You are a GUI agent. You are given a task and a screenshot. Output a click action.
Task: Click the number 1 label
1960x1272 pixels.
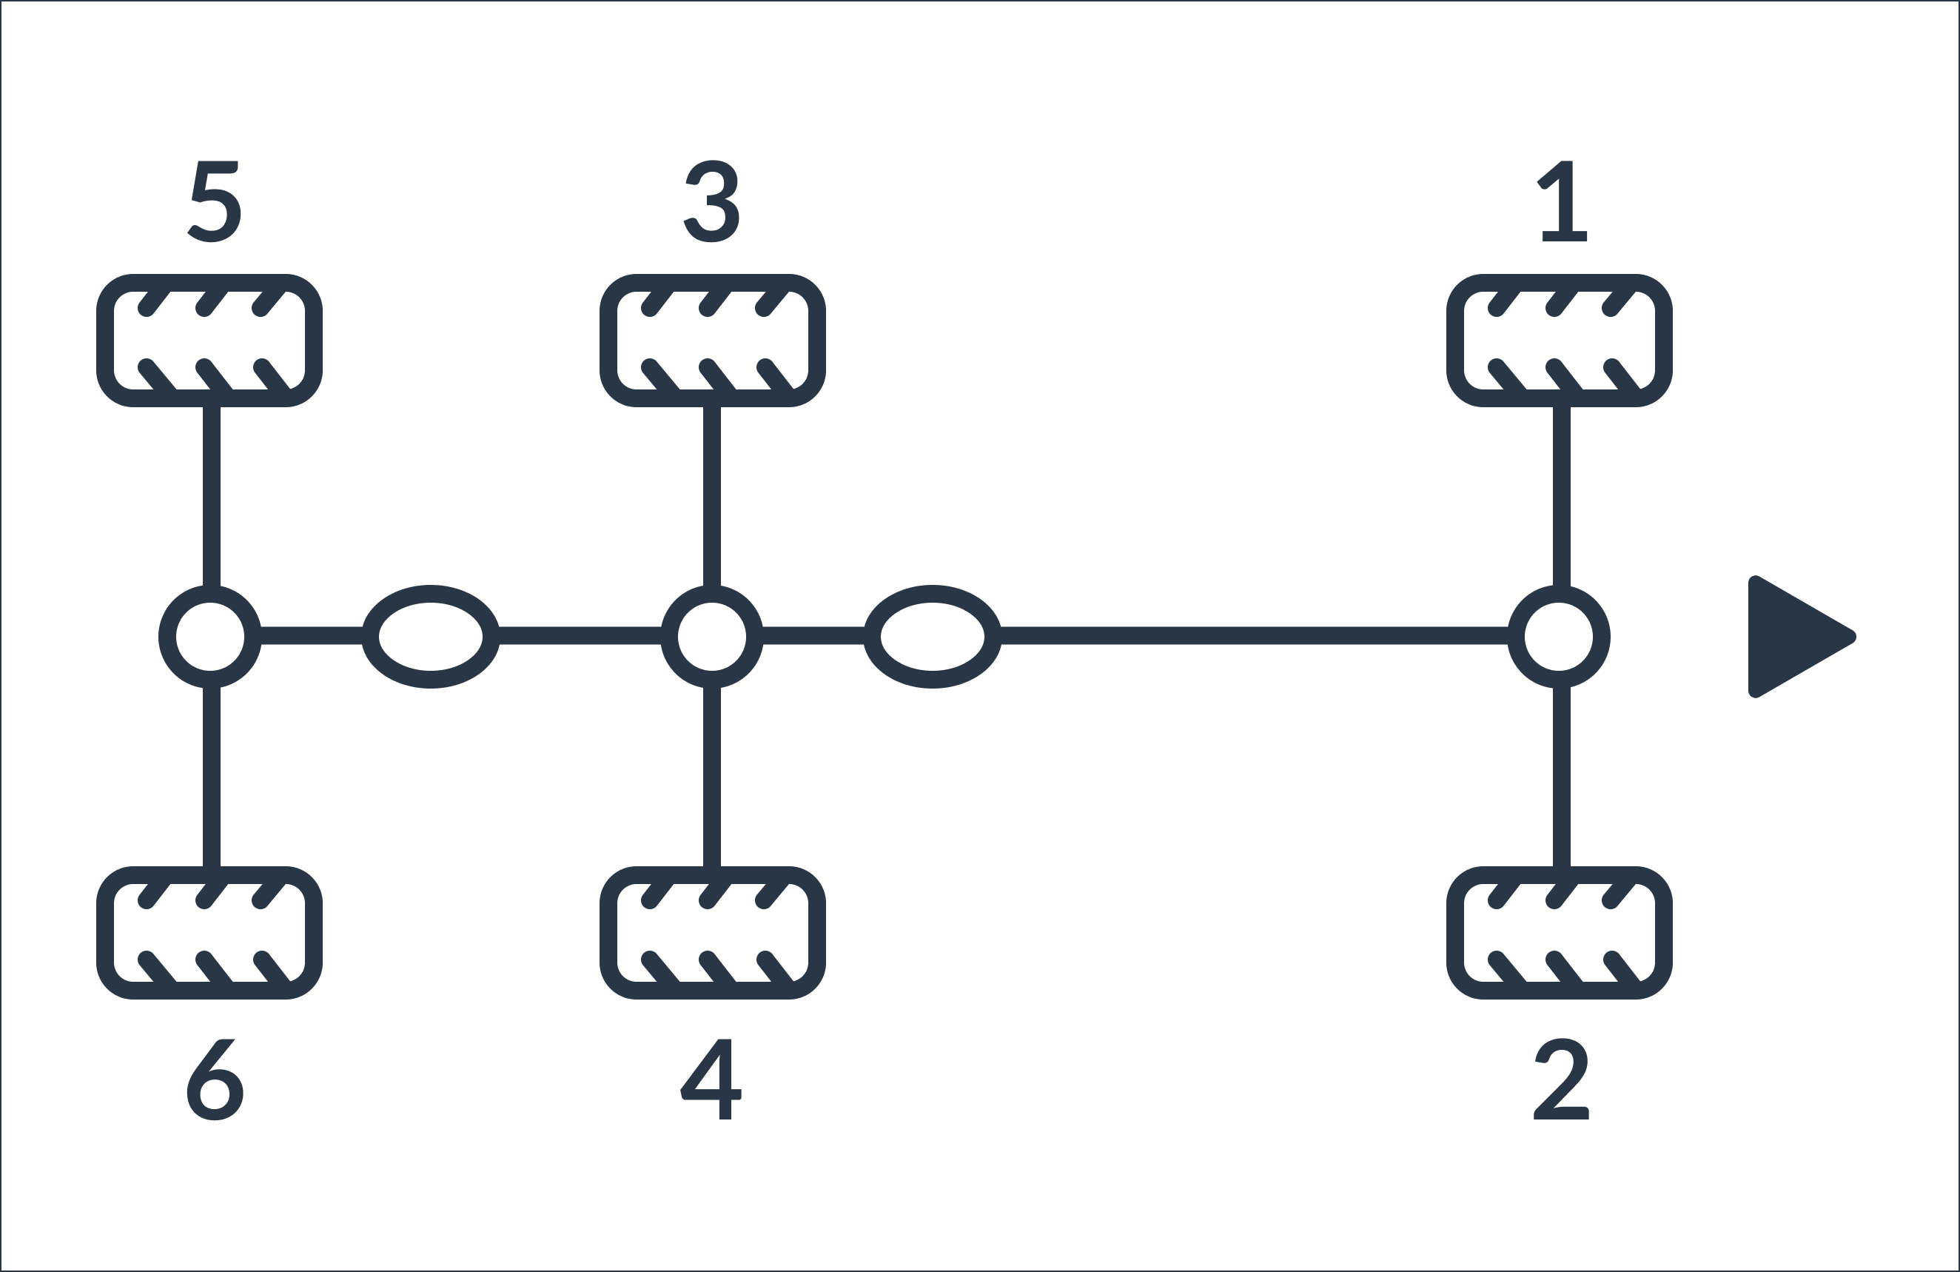tap(1563, 201)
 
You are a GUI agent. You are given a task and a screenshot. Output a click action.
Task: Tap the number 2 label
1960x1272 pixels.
tap(1561, 1079)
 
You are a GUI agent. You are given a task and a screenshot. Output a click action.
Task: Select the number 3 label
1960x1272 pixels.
tap(711, 201)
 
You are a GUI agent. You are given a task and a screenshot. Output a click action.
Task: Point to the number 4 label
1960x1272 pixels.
tap(711, 1079)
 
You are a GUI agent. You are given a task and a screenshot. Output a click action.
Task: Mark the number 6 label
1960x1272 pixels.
tap(215, 1079)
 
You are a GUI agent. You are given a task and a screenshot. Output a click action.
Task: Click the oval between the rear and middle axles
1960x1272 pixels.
tap(431, 593)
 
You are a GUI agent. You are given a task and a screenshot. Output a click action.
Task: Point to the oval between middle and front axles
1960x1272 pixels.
tap(932, 593)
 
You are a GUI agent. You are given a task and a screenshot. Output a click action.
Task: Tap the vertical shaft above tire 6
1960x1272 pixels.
tap(212, 777)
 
